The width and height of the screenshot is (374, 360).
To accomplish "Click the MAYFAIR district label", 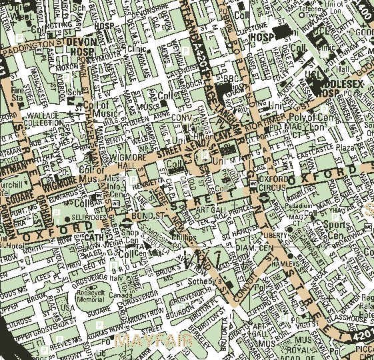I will [x=152, y=341].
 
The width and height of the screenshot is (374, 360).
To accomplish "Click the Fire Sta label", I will [x=18, y=93].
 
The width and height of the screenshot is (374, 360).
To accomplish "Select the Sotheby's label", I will [x=211, y=282].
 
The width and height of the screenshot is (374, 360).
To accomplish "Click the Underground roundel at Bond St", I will [x=126, y=221].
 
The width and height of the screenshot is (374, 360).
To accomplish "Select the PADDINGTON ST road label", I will [x=33, y=47].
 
